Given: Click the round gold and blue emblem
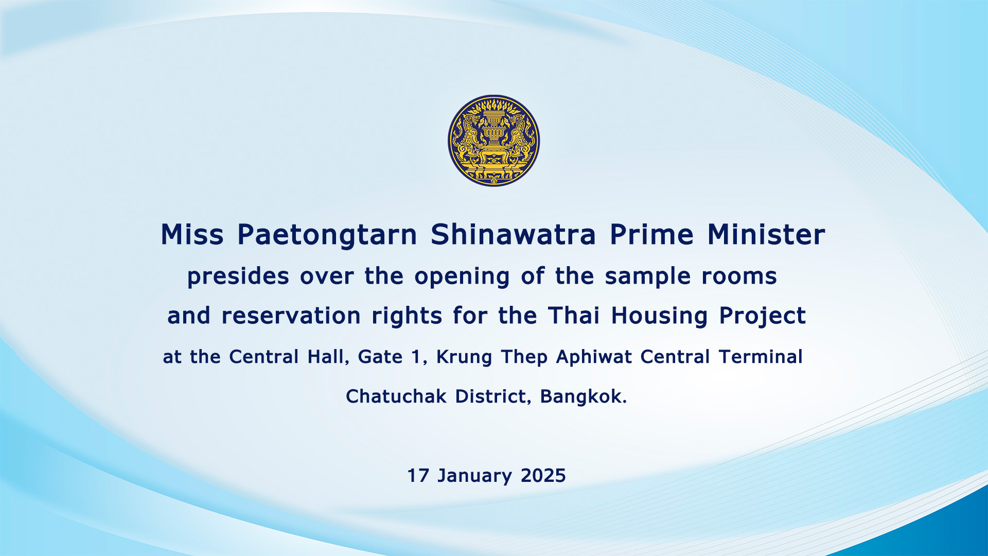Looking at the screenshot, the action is [493, 141].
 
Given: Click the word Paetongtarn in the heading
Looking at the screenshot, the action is [327, 236].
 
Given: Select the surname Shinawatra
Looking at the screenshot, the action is [513, 235].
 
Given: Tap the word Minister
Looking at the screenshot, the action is [766, 235].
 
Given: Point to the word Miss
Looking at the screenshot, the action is [192, 235].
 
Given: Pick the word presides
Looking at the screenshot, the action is [238, 277].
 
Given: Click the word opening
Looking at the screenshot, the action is [462, 277].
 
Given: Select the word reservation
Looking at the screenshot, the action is [291, 316].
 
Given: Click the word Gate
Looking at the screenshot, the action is [380, 357].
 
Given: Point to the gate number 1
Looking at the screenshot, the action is [416, 357].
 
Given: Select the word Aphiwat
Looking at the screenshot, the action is [594, 357].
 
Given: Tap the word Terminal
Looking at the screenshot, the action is [761, 357].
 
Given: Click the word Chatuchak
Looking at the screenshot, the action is [396, 396].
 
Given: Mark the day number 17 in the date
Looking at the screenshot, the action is [418, 476].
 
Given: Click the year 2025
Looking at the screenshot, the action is [543, 476].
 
